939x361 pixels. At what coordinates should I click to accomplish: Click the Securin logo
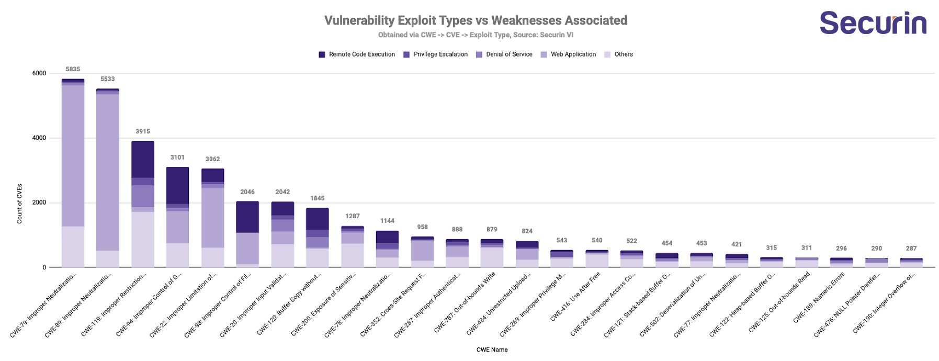click(873, 23)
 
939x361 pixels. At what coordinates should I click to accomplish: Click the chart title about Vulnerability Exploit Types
click(476, 20)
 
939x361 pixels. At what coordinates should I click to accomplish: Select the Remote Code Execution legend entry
click(357, 54)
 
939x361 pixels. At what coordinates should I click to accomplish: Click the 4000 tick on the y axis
click(39, 138)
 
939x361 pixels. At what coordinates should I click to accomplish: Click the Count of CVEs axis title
click(19, 204)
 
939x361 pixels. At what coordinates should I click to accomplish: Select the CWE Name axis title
click(492, 350)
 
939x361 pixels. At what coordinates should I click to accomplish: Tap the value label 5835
click(73, 69)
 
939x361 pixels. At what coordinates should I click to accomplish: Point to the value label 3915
click(143, 131)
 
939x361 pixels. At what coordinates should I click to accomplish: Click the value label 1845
click(317, 198)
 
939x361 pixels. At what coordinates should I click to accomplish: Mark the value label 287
click(911, 249)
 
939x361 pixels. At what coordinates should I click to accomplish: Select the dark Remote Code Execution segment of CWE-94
click(177, 185)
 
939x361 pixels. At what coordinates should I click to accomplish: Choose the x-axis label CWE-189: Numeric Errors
click(819, 297)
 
